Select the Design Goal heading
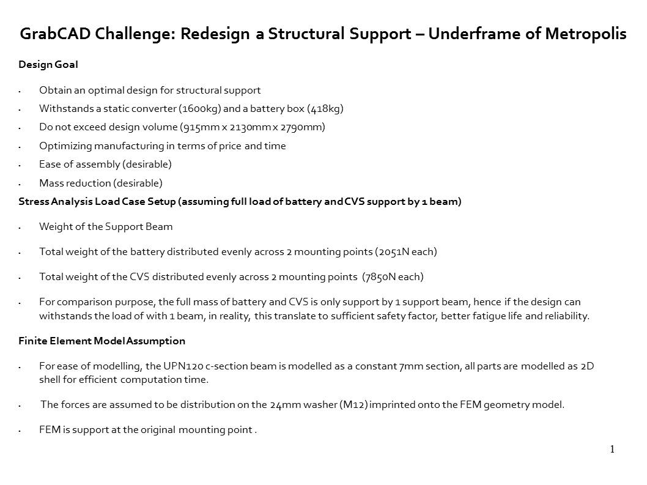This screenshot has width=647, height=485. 48,64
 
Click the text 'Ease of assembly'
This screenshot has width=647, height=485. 79,165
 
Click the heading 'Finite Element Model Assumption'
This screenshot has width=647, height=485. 102,341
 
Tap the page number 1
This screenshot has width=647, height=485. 612,450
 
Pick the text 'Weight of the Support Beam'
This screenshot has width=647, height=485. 106,227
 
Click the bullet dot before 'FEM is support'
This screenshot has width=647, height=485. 21,431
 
